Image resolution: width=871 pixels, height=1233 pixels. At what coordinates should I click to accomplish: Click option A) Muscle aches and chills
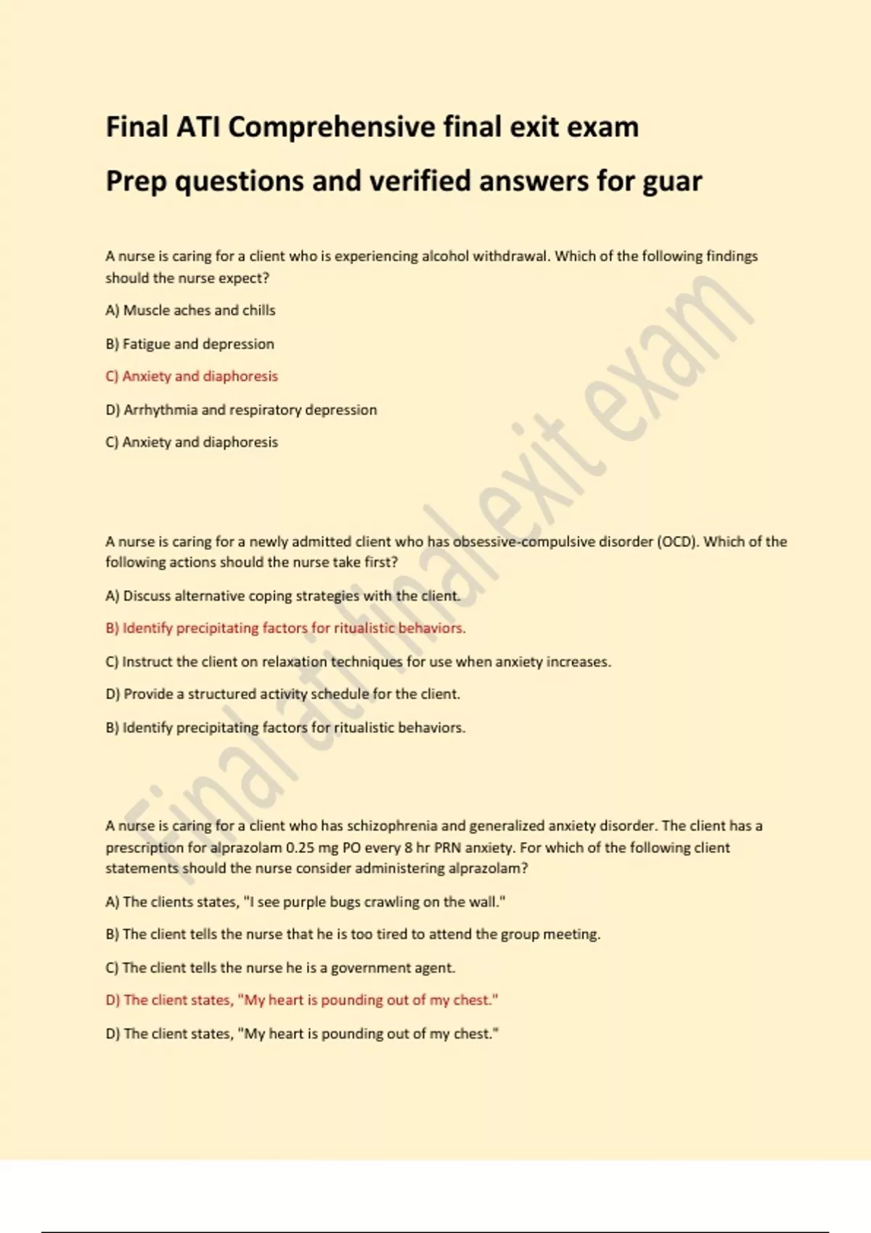[190, 310]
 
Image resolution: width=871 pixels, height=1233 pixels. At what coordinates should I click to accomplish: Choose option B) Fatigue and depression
[189, 344]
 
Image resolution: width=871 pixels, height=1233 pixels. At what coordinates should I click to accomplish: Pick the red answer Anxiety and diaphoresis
[192, 376]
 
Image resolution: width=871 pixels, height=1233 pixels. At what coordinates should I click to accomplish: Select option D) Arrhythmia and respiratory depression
[241, 410]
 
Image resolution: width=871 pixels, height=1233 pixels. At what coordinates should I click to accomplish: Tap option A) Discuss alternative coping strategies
[283, 596]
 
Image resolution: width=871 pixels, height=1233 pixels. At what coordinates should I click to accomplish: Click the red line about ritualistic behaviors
[285, 628]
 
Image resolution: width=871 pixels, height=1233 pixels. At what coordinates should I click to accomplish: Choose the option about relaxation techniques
[358, 661]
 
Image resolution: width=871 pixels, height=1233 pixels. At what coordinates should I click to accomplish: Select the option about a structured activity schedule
[282, 694]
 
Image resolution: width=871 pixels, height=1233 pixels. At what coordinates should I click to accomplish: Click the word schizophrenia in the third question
[392, 826]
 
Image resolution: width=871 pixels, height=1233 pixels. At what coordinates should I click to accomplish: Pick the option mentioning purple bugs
[305, 902]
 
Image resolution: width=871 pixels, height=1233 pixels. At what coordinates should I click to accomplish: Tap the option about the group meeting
[353, 934]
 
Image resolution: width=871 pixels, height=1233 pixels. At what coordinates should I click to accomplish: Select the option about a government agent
[280, 968]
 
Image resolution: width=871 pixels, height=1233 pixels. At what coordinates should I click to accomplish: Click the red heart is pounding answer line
[302, 1000]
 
